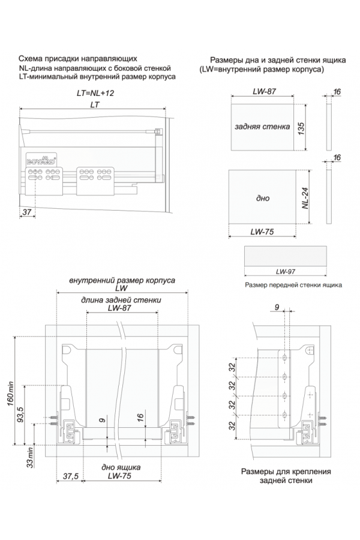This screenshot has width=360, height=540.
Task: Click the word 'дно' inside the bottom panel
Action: (x=262, y=198)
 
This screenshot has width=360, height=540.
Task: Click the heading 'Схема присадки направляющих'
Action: (x=79, y=59)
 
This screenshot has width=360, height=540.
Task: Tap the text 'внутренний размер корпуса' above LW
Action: (x=122, y=280)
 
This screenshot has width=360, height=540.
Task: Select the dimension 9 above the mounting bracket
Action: (x=276, y=307)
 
